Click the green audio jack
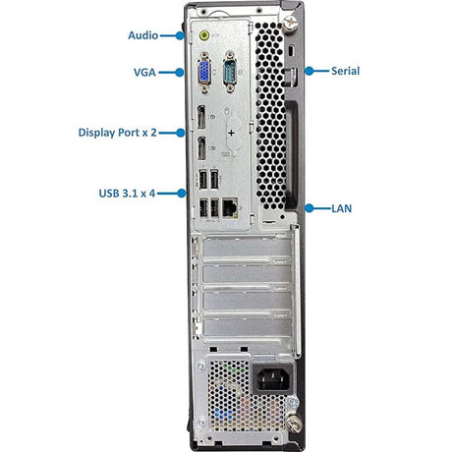pyautogui.click(x=204, y=34)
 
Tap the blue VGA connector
pyautogui.click(x=204, y=73)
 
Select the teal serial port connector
pyautogui.click(x=230, y=72)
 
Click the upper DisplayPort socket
pyautogui.click(x=201, y=117)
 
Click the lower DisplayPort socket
pyautogui.click(x=201, y=148)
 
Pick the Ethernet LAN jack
pyautogui.click(x=230, y=207)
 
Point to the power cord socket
pyautogui.click(x=272, y=379)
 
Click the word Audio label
pyautogui.click(x=142, y=35)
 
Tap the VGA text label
pyautogui.click(x=144, y=73)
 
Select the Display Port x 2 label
pyautogui.click(x=117, y=133)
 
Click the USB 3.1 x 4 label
pyautogui.click(x=127, y=194)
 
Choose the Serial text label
pyautogui.click(x=345, y=71)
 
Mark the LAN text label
pyautogui.click(x=341, y=208)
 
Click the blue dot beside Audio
pyautogui.click(x=180, y=35)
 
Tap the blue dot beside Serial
pyautogui.click(x=310, y=71)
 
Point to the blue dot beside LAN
pyautogui.click(x=310, y=208)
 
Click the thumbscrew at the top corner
pyautogui.click(x=290, y=25)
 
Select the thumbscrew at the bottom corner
pyautogui.click(x=293, y=424)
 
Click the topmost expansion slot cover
pyautogui.click(x=247, y=248)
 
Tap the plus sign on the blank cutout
pyautogui.click(x=231, y=133)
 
